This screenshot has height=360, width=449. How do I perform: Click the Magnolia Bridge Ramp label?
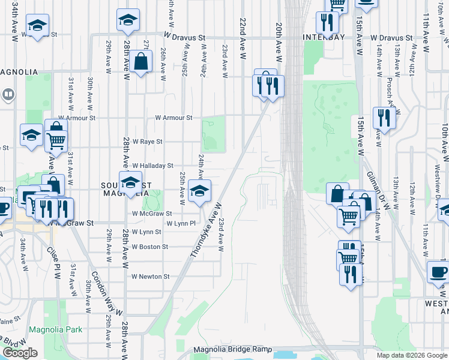click(233, 349)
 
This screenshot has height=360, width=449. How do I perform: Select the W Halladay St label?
click(152, 165)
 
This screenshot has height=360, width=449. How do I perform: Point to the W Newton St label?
click(150, 277)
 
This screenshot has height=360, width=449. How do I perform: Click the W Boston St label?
click(149, 247)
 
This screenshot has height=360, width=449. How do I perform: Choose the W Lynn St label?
click(146, 232)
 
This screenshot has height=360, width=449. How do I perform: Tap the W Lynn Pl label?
click(181, 223)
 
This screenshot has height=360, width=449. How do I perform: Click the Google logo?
click(20, 353)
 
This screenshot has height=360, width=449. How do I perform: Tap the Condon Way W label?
click(104, 289)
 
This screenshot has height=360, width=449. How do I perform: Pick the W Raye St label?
click(148, 142)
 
